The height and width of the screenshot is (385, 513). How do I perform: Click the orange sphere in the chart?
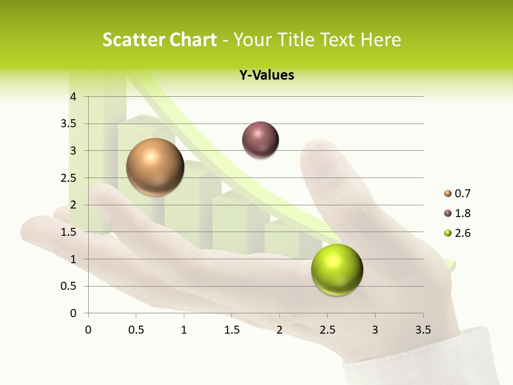tap(155, 167)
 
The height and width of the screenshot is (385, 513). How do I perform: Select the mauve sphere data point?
tap(260, 140)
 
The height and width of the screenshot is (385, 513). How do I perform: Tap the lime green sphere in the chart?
tap(337, 269)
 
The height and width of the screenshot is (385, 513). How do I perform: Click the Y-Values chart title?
tap(267, 75)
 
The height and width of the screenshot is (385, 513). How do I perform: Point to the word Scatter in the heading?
tap(134, 40)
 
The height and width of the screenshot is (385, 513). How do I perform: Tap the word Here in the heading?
tap(380, 40)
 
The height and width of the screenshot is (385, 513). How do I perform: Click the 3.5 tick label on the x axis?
tap(423, 330)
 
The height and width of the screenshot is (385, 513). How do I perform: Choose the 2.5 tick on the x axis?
tap(327, 330)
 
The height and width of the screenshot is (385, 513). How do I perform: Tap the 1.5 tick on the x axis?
tap(231, 330)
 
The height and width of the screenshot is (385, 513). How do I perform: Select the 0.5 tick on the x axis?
tap(136, 330)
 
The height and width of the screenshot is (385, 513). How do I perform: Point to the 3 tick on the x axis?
tap(375, 330)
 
